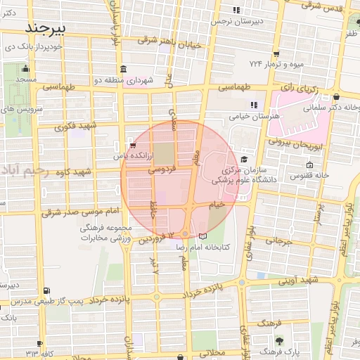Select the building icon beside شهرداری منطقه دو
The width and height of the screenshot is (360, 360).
tap(123, 69)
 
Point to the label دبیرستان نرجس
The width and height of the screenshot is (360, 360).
tap(237, 22)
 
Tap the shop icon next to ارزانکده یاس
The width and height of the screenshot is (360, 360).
tap(132, 146)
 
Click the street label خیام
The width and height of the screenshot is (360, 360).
tap(217, 203)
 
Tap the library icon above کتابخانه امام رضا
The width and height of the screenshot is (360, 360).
tap(203, 236)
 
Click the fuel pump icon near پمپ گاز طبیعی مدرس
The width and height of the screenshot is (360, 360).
tap(46, 290)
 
